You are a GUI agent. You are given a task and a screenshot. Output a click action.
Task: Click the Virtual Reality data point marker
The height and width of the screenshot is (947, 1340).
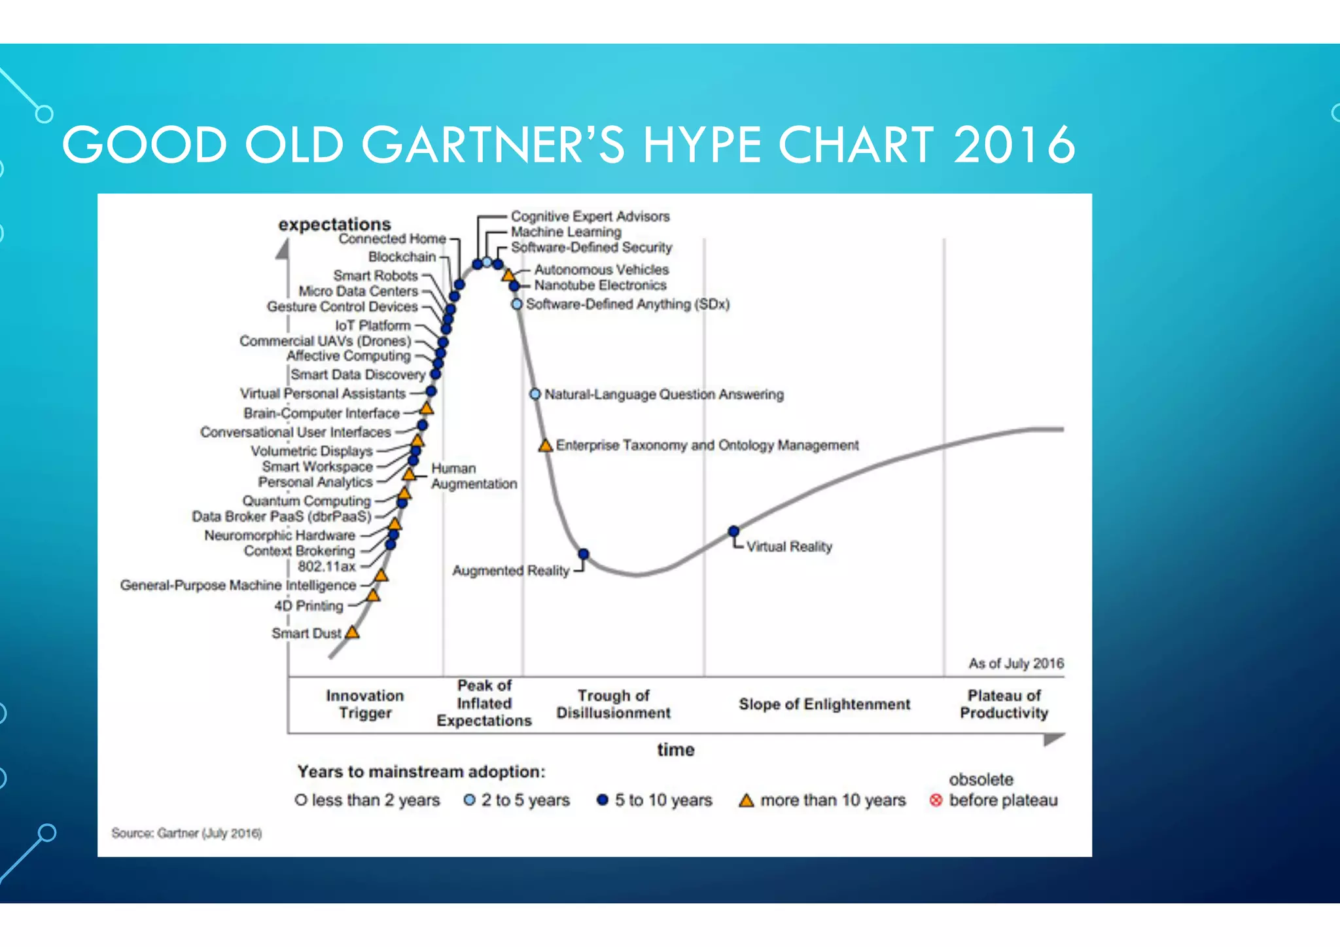pos(733,531)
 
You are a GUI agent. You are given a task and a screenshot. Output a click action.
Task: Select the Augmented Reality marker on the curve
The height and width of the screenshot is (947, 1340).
pos(584,554)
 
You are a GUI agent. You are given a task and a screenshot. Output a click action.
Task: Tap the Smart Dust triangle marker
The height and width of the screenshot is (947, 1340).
pos(352,632)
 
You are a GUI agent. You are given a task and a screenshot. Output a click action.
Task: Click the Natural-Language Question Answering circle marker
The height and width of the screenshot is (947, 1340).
pos(535,394)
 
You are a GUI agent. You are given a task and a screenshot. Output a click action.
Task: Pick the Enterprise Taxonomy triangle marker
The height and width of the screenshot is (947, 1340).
pos(545,446)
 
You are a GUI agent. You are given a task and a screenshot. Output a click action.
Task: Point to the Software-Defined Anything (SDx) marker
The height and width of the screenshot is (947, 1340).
pos(517,304)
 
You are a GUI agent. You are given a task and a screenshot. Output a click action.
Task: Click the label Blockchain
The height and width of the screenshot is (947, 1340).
pos(402,257)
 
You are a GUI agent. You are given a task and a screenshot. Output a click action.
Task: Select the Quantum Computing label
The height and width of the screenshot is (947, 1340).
pos(306,501)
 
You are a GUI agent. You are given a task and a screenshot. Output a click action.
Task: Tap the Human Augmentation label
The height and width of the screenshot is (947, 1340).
pos(473,476)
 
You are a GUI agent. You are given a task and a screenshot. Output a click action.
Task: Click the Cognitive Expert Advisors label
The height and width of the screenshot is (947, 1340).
pos(590,216)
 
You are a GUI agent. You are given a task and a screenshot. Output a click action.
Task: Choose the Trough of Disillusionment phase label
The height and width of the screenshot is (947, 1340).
pos(613,704)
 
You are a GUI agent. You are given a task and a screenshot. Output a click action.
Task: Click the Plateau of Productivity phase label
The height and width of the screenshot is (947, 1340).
pos(1004,704)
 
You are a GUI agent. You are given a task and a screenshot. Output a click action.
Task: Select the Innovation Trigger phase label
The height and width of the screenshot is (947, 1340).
pos(364,704)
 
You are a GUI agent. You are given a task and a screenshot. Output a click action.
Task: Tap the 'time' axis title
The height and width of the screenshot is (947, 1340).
pos(675,749)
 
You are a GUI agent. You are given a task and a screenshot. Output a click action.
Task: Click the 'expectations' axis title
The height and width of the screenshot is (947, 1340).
pos(334,224)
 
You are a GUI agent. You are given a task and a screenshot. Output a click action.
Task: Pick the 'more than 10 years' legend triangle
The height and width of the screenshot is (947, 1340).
pos(746,800)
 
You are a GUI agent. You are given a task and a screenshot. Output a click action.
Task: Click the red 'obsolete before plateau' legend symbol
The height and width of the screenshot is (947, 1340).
pos(936,800)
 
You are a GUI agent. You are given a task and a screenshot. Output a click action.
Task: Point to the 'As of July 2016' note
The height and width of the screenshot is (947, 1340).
pos(1015,663)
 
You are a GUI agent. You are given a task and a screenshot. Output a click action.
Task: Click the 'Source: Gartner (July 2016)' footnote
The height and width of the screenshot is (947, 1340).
pos(186,832)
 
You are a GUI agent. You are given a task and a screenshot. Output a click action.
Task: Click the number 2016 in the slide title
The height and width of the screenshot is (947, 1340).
pos(1014,145)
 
